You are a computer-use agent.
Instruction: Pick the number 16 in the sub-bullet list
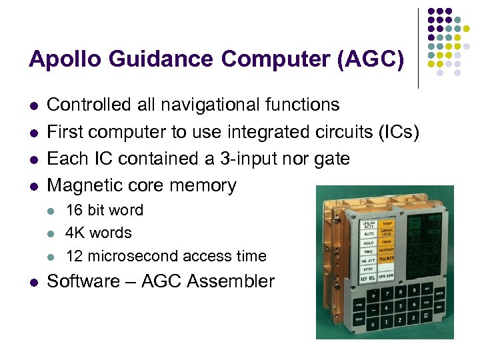point(75,210)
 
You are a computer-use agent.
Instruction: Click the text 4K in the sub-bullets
point(75,233)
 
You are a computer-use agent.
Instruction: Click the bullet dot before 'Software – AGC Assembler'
point(33,282)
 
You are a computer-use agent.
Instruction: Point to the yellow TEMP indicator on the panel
point(387,225)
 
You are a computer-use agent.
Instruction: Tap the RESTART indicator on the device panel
point(387,251)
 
